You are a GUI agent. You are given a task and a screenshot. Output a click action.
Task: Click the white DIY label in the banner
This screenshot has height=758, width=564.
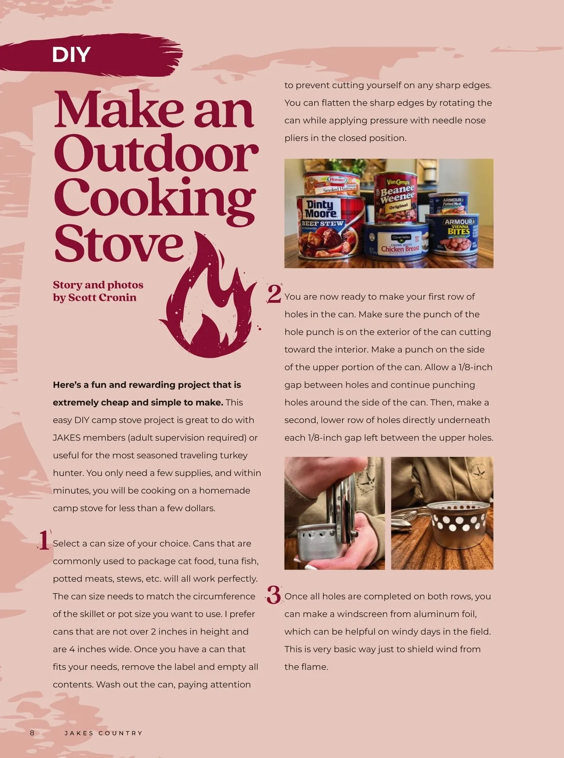click(x=71, y=55)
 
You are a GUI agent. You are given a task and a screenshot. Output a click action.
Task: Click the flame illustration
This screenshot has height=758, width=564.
click(x=209, y=295)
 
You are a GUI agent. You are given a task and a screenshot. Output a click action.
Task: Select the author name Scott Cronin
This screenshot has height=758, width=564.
click(x=102, y=297)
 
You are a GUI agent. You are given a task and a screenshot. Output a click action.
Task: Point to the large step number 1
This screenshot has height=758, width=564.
click(x=44, y=540)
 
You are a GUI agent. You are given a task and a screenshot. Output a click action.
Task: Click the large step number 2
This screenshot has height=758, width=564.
click(x=274, y=294)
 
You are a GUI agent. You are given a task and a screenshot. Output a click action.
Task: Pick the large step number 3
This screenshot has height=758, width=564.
click(x=274, y=595)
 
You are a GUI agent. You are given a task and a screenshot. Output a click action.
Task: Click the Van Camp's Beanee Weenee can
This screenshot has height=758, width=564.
click(x=396, y=197)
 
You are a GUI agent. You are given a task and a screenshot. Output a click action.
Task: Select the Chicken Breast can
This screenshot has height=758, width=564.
click(x=396, y=242)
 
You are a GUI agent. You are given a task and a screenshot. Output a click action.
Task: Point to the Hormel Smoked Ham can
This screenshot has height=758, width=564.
click(x=331, y=183)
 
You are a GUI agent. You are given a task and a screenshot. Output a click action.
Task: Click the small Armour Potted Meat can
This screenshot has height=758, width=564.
click(x=449, y=203)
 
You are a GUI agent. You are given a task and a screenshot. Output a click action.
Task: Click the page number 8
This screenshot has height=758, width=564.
click(x=32, y=733)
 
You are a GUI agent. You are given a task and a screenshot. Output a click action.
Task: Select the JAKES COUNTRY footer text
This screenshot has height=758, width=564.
click(x=103, y=733)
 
